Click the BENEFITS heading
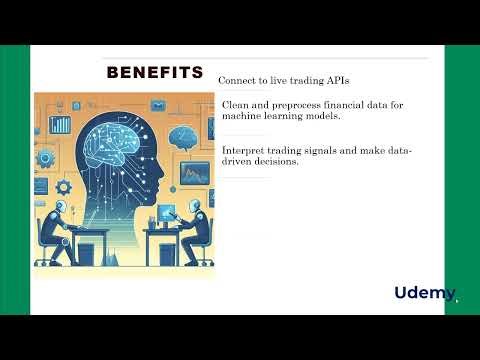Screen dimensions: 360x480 tap(155, 73)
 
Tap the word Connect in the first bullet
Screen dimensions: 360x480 tap(240, 79)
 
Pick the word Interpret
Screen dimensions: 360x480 tap(244, 150)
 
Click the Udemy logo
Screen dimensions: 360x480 tap(424, 293)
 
